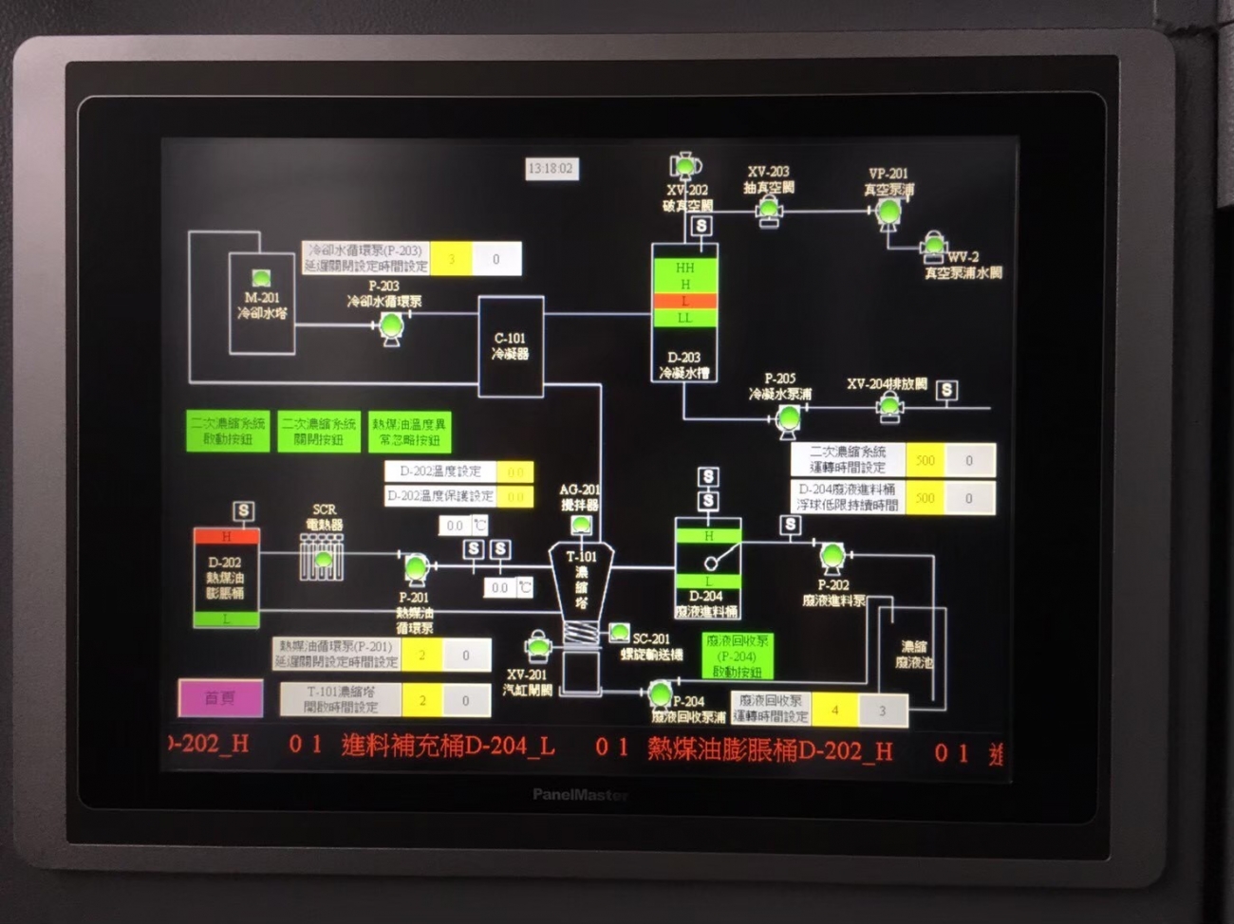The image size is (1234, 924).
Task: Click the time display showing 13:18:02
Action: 551,169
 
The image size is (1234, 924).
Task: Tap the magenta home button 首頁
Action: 220,698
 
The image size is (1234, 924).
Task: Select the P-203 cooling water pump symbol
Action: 391,327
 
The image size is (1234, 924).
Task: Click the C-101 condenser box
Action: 511,345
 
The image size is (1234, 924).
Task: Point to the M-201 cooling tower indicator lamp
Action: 261,278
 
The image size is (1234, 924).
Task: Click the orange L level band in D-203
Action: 684,301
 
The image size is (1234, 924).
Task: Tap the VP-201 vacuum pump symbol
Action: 888,213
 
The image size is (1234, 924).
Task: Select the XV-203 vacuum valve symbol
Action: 769,211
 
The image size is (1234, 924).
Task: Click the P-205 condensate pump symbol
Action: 788,417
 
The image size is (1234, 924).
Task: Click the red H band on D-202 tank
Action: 226,537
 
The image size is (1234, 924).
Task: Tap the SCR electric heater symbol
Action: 323,558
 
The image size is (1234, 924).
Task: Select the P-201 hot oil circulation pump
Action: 416,568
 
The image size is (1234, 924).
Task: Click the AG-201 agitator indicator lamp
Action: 581,525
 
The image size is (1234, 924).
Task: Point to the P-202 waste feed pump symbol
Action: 832,557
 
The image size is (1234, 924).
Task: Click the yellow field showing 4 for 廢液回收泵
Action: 834,710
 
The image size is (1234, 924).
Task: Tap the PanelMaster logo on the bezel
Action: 580,795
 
